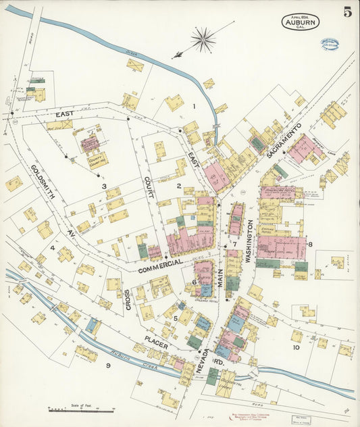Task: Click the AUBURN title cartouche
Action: click(300, 22)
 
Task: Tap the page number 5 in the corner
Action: click(347, 11)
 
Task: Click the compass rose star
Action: click(203, 39)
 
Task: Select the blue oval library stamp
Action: click(330, 45)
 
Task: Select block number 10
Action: click(296, 347)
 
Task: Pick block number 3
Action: click(104, 186)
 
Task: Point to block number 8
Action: click(310, 244)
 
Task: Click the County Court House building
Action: click(91, 143)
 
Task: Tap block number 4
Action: click(52, 247)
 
